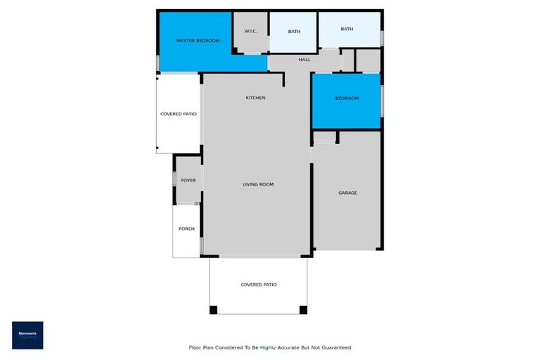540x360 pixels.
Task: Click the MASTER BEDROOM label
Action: (x=198, y=41)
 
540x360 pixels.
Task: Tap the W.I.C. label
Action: (x=250, y=32)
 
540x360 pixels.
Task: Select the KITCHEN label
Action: (x=255, y=98)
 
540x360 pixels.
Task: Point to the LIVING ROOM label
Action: (x=258, y=184)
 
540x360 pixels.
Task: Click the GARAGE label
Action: (x=347, y=193)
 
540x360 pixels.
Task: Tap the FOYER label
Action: (x=188, y=181)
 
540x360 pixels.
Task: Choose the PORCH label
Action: (x=186, y=229)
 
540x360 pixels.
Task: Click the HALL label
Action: (x=304, y=60)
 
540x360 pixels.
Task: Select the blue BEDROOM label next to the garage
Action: (x=347, y=98)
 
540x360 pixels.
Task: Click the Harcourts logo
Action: (x=27, y=335)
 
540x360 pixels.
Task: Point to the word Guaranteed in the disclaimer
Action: (x=335, y=347)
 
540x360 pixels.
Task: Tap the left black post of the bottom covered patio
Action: (x=214, y=309)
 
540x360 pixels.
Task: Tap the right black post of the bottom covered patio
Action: (x=303, y=309)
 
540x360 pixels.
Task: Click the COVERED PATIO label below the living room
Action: (x=259, y=285)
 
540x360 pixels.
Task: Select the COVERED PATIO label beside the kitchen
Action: (x=179, y=114)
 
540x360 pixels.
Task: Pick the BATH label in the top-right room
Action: (x=347, y=29)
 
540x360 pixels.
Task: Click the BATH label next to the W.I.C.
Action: (x=294, y=32)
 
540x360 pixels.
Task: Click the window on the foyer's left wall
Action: (x=174, y=180)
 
